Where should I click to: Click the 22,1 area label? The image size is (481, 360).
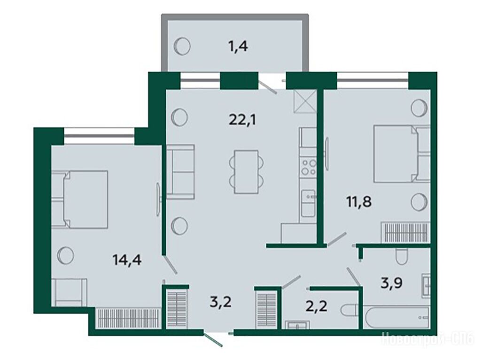[x=242, y=120]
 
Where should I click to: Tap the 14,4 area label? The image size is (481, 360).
[x=127, y=260]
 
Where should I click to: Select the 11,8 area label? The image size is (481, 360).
[x=359, y=202]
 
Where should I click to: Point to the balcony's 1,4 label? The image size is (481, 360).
[x=238, y=47]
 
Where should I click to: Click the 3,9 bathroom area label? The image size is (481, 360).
[x=392, y=283]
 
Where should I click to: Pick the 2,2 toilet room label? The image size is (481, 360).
[x=316, y=306]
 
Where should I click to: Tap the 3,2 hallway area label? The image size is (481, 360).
[x=221, y=302]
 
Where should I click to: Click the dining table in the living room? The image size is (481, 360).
[x=246, y=172]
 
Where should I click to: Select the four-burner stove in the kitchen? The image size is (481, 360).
[x=308, y=167]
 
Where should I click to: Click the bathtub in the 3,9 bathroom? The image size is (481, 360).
[x=396, y=316]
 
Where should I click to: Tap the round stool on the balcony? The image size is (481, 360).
[x=182, y=46]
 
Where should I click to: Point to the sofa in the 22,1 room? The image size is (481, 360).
[x=180, y=172]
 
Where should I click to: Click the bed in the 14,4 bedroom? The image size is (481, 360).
[x=80, y=199]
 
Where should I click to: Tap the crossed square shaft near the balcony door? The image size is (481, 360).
[x=305, y=101]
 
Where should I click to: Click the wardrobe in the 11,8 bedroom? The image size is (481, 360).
[x=405, y=233]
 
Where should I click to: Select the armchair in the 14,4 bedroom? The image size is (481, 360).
[x=70, y=292]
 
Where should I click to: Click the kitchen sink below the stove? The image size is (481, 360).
[x=308, y=203]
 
